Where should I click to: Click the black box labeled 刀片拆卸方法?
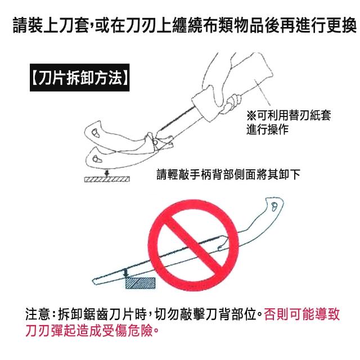tap(79, 78)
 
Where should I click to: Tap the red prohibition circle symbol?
tap(193, 245)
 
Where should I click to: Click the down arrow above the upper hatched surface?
tap(106, 173)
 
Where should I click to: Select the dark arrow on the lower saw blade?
tap(125, 272)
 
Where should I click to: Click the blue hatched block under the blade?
tap(140, 283)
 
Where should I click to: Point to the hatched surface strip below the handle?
tap(107, 179)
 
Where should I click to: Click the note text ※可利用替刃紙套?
tap(289, 115)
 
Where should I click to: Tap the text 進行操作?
tap(268, 129)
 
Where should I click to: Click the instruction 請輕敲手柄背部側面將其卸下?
tap(228, 174)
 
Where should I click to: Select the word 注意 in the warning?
tap(38, 314)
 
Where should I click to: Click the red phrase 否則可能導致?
tap(301, 314)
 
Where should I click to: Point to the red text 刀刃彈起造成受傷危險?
tap(89, 330)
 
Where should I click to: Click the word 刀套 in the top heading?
tap(74, 25)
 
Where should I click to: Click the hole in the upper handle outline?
tap(95, 133)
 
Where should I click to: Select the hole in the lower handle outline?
tap(96, 159)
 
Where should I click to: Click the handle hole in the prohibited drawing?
tap(274, 206)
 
